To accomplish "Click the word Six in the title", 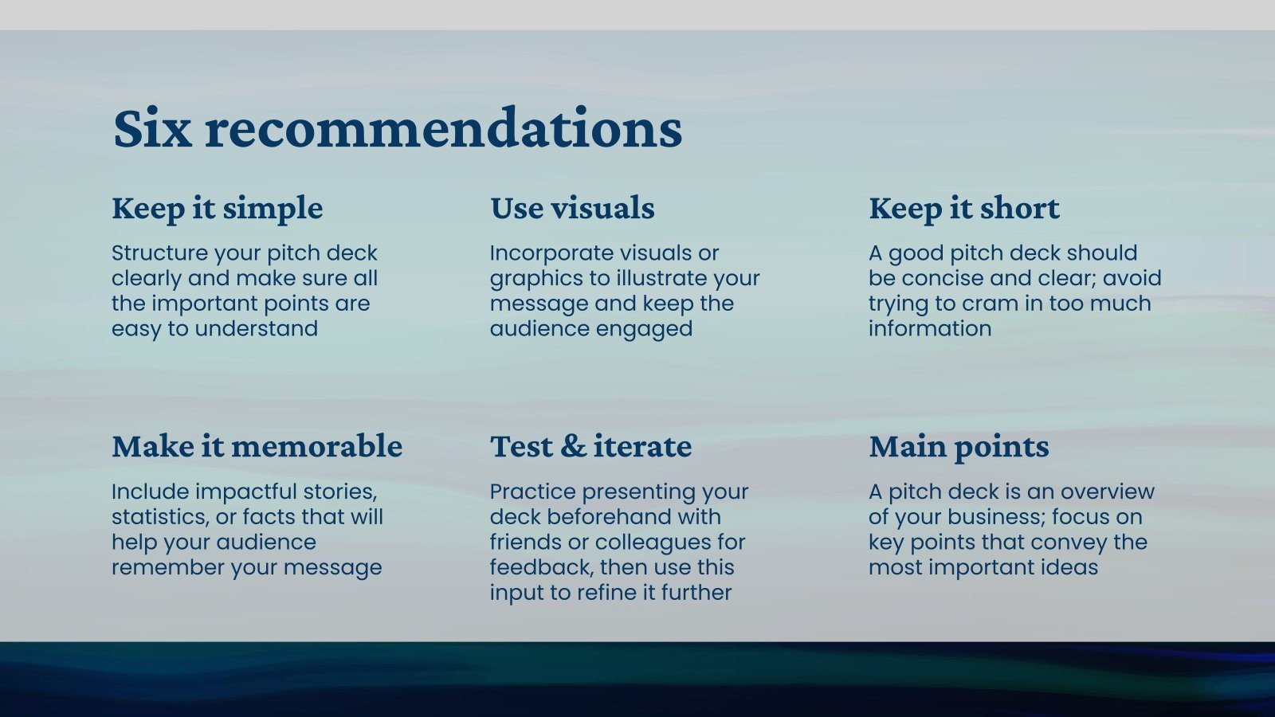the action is [x=152, y=127].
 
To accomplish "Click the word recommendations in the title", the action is [x=443, y=127].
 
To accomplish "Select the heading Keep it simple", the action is [x=218, y=208].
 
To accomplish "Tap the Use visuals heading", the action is [x=573, y=208].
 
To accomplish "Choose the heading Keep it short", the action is [x=964, y=208].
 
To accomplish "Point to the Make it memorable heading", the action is [x=257, y=446].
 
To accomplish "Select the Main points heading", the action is [x=959, y=447].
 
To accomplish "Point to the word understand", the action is [x=256, y=329].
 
